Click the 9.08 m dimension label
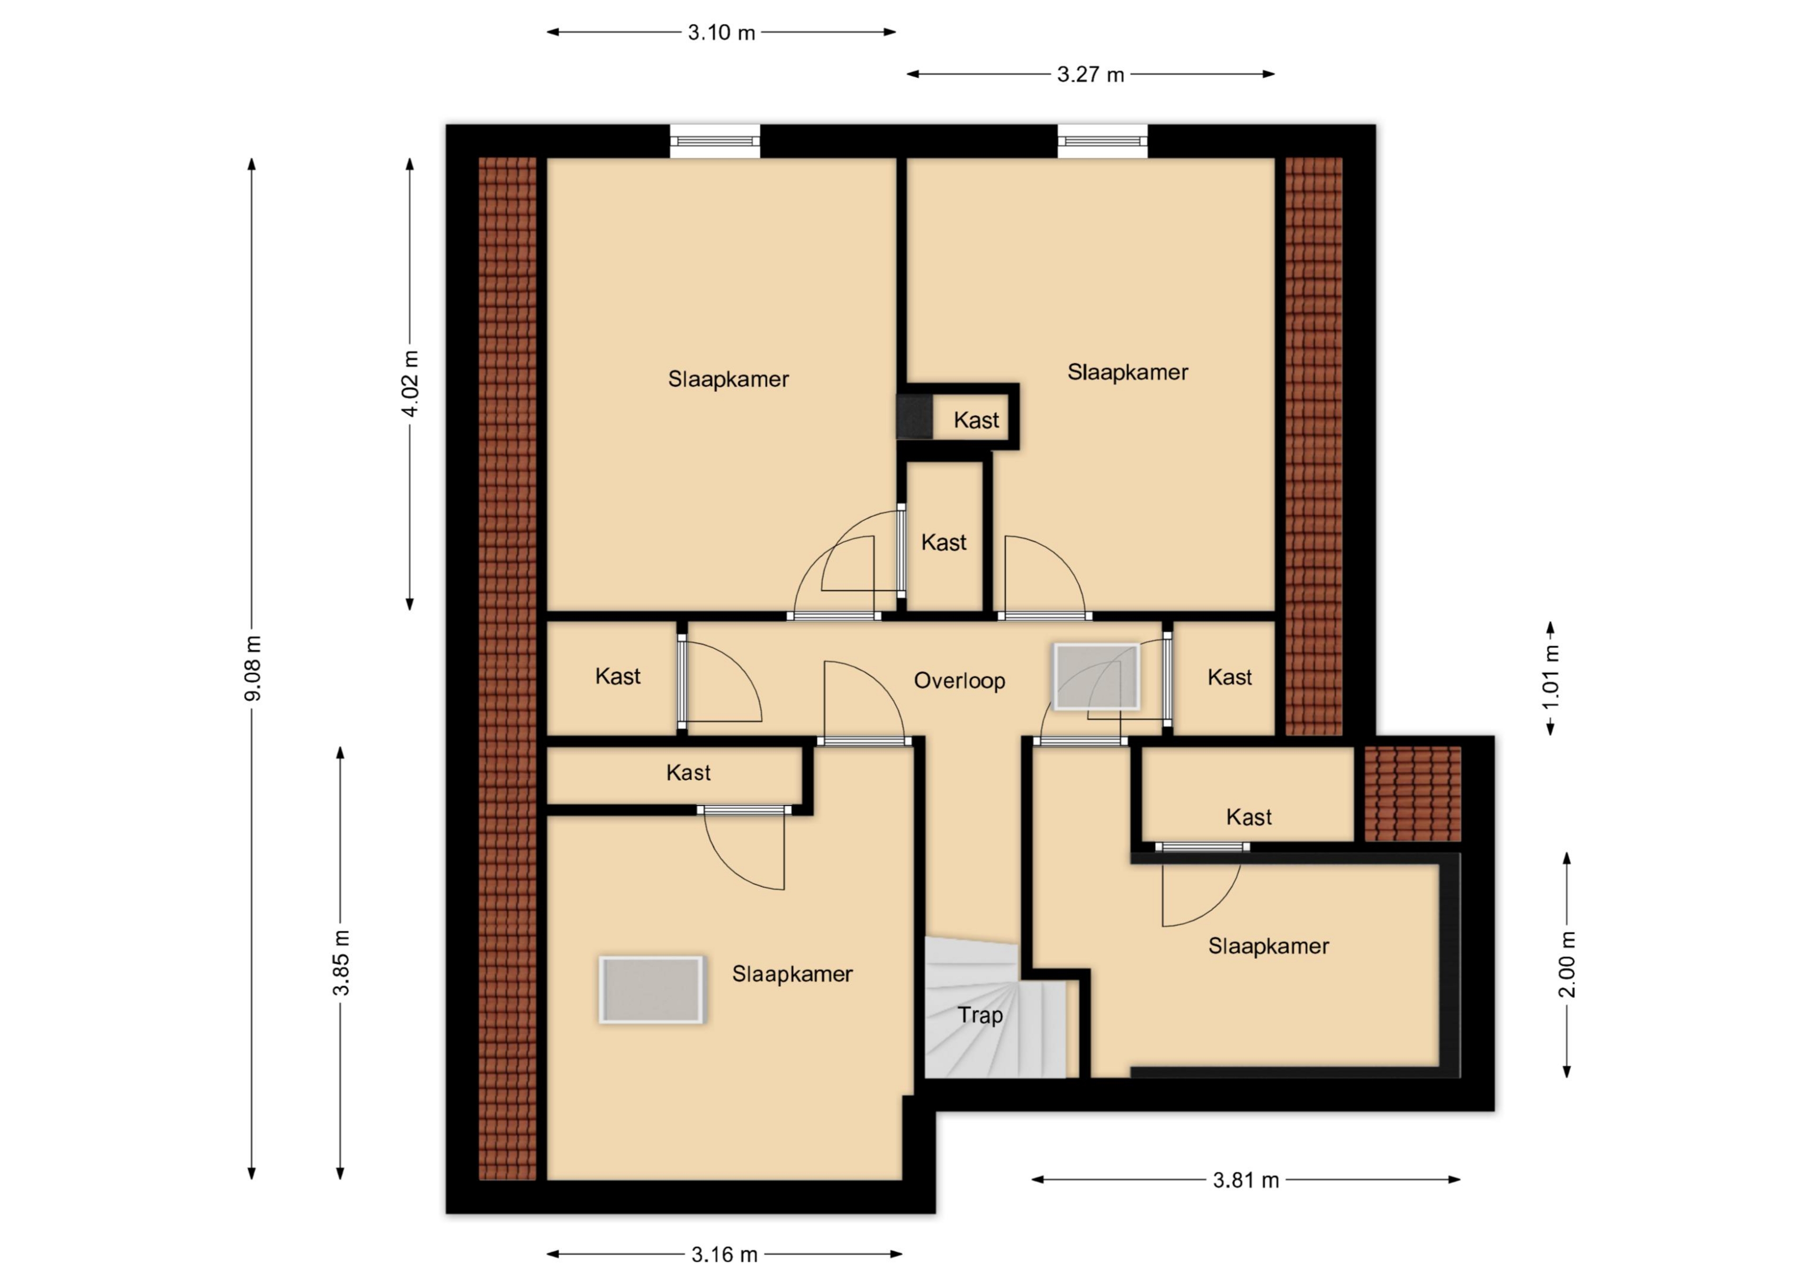point(253,668)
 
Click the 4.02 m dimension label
point(410,384)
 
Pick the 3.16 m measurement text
point(724,1254)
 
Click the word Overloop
point(959,681)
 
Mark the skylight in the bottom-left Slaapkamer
point(651,989)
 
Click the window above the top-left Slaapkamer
point(715,141)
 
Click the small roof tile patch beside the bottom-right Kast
point(1413,793)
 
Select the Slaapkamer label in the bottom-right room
point(1269,945)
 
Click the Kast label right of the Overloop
point(1230,677)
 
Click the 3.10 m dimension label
point(721,33)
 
